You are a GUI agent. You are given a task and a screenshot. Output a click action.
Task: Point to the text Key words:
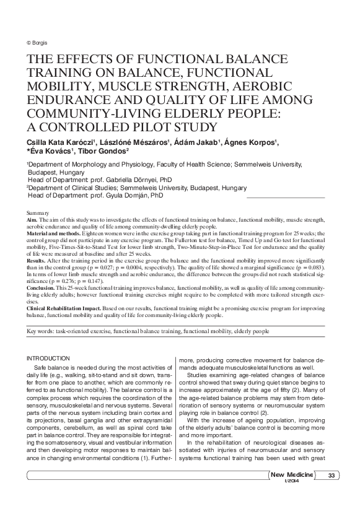point(41,331)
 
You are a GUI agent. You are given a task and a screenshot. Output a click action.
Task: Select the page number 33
point(332,476)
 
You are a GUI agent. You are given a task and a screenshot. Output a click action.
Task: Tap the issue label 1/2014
point(292,482)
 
